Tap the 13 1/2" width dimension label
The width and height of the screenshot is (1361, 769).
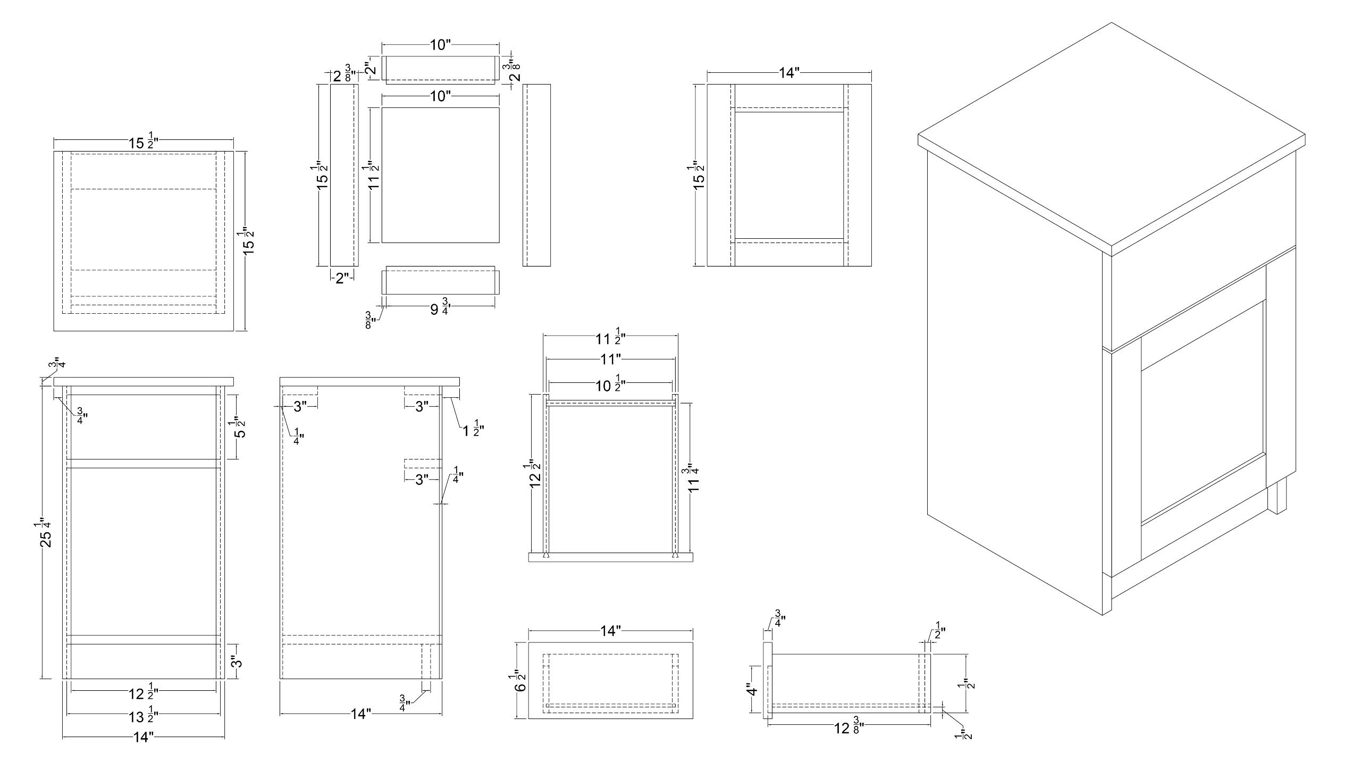(x=143, y=716)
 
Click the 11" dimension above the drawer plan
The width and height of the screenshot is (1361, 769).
(x=611, y=360)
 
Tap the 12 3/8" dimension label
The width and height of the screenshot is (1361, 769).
(x=847, y=728)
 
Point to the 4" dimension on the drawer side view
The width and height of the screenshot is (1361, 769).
(x=751, y=690)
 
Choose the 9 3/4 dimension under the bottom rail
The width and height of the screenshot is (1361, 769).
(x=439, y=308)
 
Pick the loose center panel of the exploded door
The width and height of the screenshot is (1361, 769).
(x=440, y=175)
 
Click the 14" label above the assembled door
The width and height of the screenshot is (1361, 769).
(x=789, y=73)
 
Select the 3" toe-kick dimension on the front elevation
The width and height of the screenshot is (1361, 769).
(x=237, y=662)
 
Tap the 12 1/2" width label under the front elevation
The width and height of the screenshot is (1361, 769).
(x=143, y=693)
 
